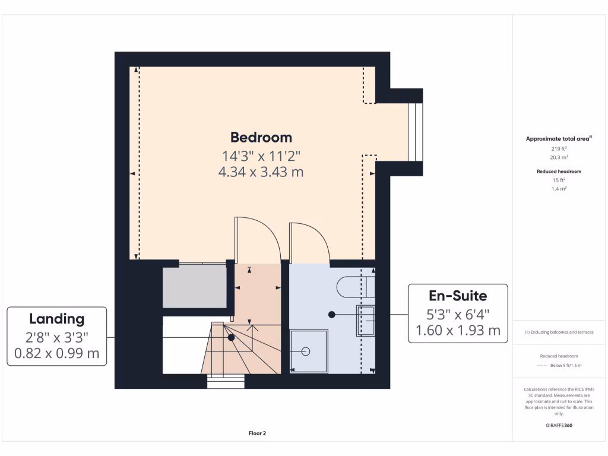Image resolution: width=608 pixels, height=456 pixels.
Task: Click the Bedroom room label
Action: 261,137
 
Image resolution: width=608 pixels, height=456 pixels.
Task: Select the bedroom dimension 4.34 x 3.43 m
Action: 261,172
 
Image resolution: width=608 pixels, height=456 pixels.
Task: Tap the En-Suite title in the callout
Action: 458,296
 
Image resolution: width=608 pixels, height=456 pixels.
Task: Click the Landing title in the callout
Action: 57,319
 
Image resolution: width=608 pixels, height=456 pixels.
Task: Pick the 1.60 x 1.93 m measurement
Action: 458,331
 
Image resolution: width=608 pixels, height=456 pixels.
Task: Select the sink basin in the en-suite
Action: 365,321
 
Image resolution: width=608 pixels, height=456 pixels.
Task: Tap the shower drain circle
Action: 306,351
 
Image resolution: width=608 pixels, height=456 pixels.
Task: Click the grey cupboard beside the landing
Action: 194,287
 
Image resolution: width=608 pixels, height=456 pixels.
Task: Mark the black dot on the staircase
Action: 231,337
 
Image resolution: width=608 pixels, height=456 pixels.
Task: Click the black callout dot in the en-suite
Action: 332,313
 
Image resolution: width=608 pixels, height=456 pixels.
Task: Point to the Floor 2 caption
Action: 257,433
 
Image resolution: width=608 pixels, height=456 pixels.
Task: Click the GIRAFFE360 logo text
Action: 558,425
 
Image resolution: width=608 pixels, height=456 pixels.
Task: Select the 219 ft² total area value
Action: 558,148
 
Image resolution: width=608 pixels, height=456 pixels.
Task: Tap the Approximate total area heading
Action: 558,139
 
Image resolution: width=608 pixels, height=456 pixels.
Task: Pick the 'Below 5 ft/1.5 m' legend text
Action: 566,365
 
